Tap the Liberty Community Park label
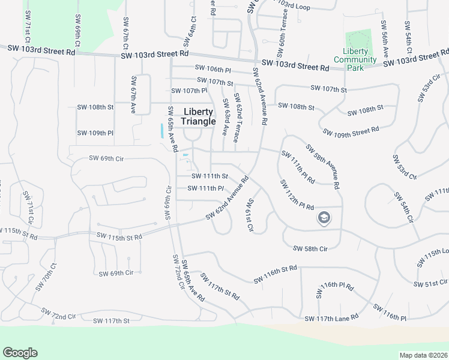[x=355, y=59]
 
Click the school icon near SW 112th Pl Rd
[x=324, y=218]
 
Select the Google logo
[x=20, y=353]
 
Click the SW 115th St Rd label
[x=119, y=237]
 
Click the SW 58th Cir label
[x=310, y=248]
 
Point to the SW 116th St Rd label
[x=276, y=275]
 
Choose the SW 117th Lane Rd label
[x=331, y=317]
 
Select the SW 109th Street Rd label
[x=351, y=131]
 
